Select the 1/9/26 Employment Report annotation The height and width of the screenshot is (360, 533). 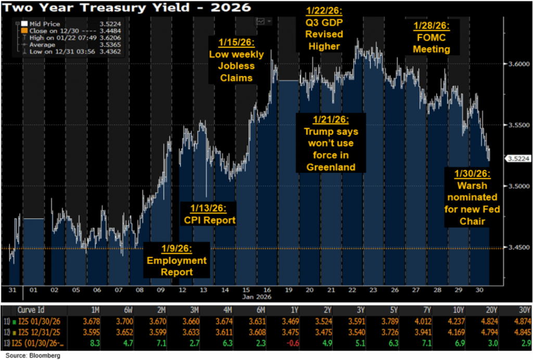(x=176, y=259)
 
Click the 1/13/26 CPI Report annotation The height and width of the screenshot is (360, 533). (x=208, y=214)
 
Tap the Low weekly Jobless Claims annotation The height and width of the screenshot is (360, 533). (x=236, y=60)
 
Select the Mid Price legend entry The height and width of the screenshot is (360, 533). (x=47, y=24)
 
